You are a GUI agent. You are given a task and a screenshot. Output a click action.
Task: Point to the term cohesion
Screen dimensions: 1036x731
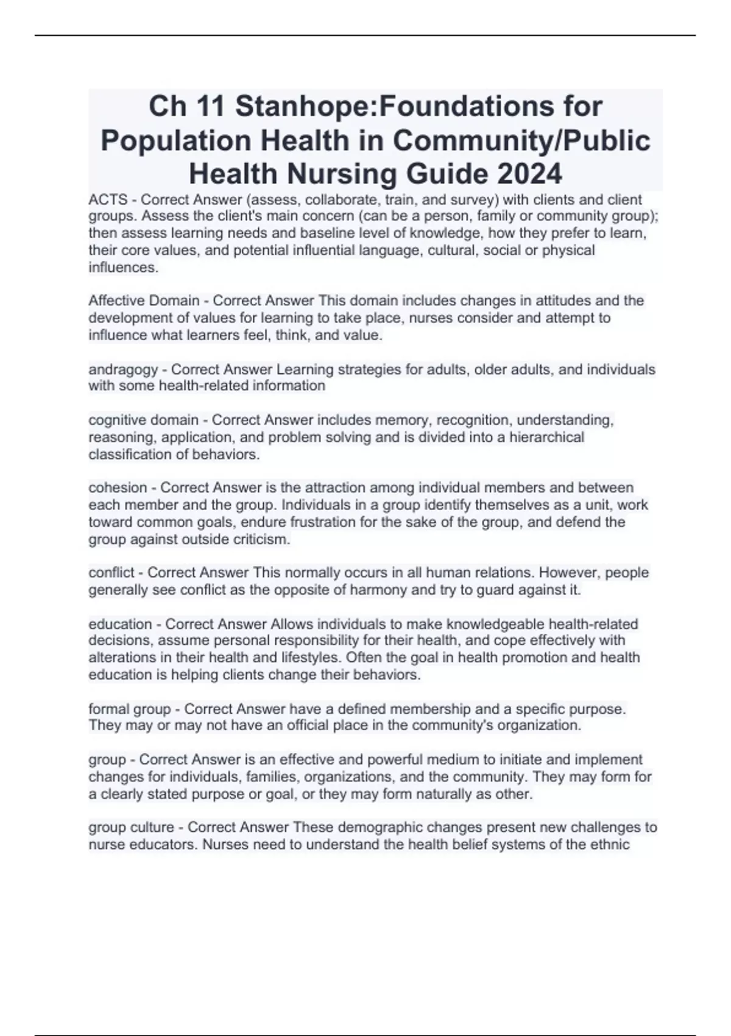(118, 488)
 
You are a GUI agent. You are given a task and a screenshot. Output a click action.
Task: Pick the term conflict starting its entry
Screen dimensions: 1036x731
(111, 573)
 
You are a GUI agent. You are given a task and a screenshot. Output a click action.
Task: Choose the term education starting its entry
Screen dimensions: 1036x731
(120, 624)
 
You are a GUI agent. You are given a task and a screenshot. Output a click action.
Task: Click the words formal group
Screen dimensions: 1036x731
(130, 709)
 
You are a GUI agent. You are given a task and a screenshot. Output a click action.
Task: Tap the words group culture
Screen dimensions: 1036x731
(131, 828)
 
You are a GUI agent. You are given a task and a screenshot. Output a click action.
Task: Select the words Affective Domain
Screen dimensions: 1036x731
(144, 300)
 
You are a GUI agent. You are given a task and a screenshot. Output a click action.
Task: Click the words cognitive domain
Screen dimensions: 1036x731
(143, 420)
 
